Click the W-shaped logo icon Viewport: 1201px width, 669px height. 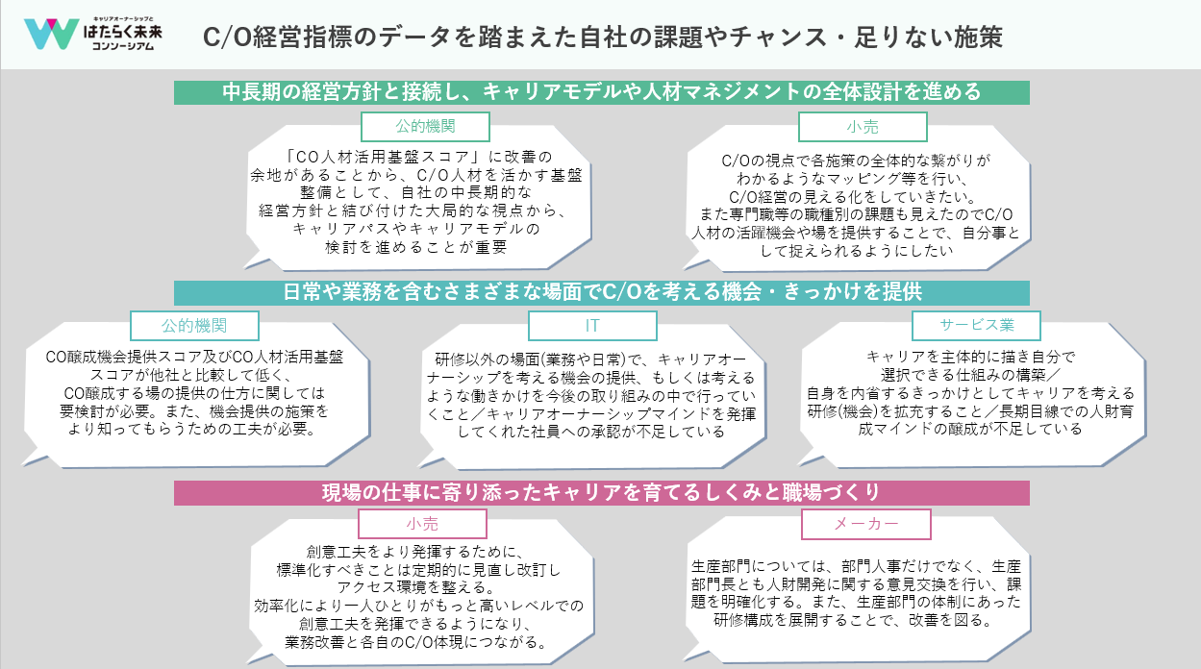point(52,34)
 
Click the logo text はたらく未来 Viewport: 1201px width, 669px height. point(123,32)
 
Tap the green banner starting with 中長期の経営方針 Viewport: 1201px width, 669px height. point(602,92)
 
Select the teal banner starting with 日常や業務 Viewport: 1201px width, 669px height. point(602,292)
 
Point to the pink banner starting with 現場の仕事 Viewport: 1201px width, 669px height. point(602,493)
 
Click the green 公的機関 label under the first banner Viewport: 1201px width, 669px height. point(425,127)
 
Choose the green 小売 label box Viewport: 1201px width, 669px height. point(863,127)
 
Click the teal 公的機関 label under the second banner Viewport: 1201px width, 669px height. point(194,326)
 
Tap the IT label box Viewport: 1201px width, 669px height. point(592,326)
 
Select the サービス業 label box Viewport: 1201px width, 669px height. point(976,325)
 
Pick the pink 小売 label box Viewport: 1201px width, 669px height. point(422,524)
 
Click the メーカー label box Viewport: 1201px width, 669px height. point(866,524)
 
